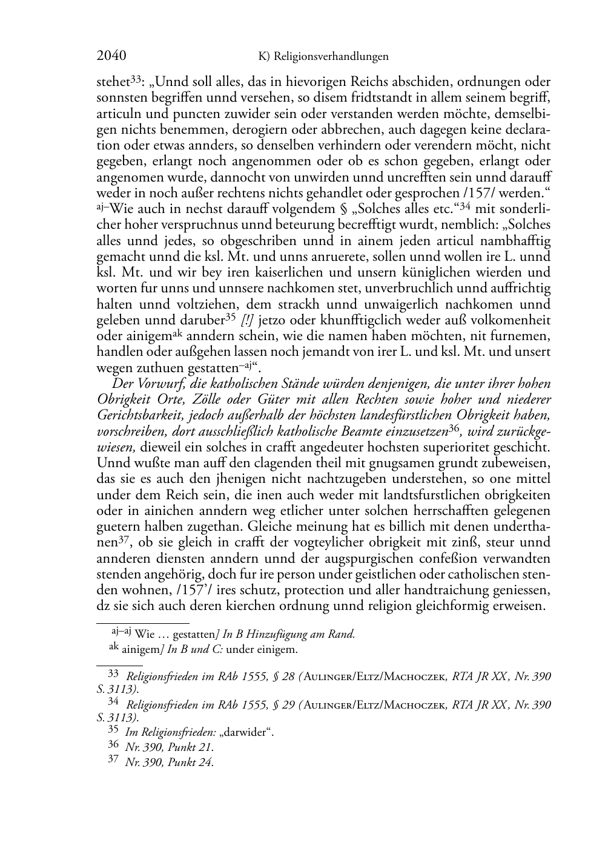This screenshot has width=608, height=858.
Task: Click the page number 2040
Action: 111,56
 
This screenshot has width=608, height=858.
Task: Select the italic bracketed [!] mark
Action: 247,320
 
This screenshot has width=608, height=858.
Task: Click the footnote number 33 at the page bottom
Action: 113,673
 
